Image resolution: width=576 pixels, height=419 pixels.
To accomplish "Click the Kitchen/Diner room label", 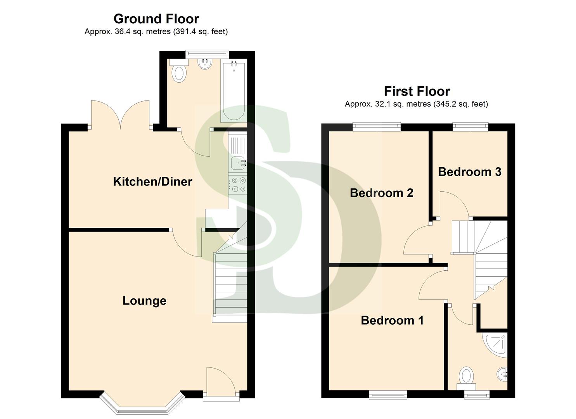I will pos(152,182).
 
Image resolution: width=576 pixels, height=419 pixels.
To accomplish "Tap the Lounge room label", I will pos(144,301).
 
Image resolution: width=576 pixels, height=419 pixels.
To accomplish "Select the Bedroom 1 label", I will pos(392,320).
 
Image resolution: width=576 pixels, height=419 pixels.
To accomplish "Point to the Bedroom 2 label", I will pos(381,193).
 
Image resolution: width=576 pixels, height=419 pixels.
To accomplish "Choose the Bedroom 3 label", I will pos(469,172).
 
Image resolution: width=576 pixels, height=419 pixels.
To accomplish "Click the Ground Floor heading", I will pos(156,19).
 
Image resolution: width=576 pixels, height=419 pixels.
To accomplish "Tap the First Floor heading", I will pos(417,91).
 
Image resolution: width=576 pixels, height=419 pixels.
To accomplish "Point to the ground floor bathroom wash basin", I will pos(204,64).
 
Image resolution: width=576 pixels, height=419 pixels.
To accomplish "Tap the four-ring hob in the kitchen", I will pos(238,185).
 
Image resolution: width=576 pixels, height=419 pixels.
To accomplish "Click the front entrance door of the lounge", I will pos(221,384).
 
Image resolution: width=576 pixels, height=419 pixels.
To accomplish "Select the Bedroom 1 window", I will pos(388,395).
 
